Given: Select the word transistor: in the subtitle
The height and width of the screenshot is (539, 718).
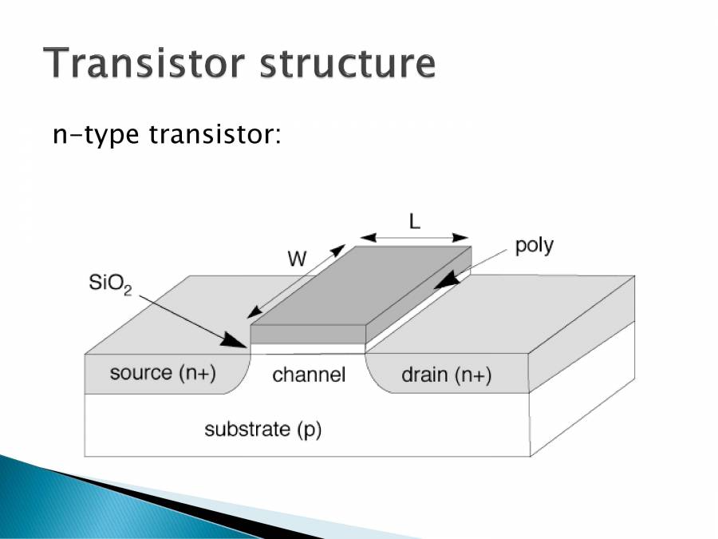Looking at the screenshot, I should point(215,135).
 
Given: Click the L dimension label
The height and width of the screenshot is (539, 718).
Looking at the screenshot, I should point(415,222).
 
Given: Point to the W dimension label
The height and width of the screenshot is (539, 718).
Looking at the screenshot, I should point(297,260).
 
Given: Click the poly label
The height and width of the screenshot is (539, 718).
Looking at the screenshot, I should point(534,245).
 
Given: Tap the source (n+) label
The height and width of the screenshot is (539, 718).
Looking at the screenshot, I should point(164,373).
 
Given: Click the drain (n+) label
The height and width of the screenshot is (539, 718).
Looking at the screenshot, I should point(446,375).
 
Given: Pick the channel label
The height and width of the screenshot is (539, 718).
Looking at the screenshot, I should point(309,375).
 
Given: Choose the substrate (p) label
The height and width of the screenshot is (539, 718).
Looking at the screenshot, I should point(262,430).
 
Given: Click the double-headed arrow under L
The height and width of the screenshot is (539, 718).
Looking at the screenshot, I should point(415,237).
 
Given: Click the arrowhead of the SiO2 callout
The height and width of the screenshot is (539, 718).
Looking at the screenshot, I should point(239,343).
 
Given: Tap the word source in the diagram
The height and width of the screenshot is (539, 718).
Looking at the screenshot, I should point(140,373).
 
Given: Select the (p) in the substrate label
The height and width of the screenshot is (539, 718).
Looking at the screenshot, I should point(308,430).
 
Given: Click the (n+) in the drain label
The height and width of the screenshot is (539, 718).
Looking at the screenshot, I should point(473,375).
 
